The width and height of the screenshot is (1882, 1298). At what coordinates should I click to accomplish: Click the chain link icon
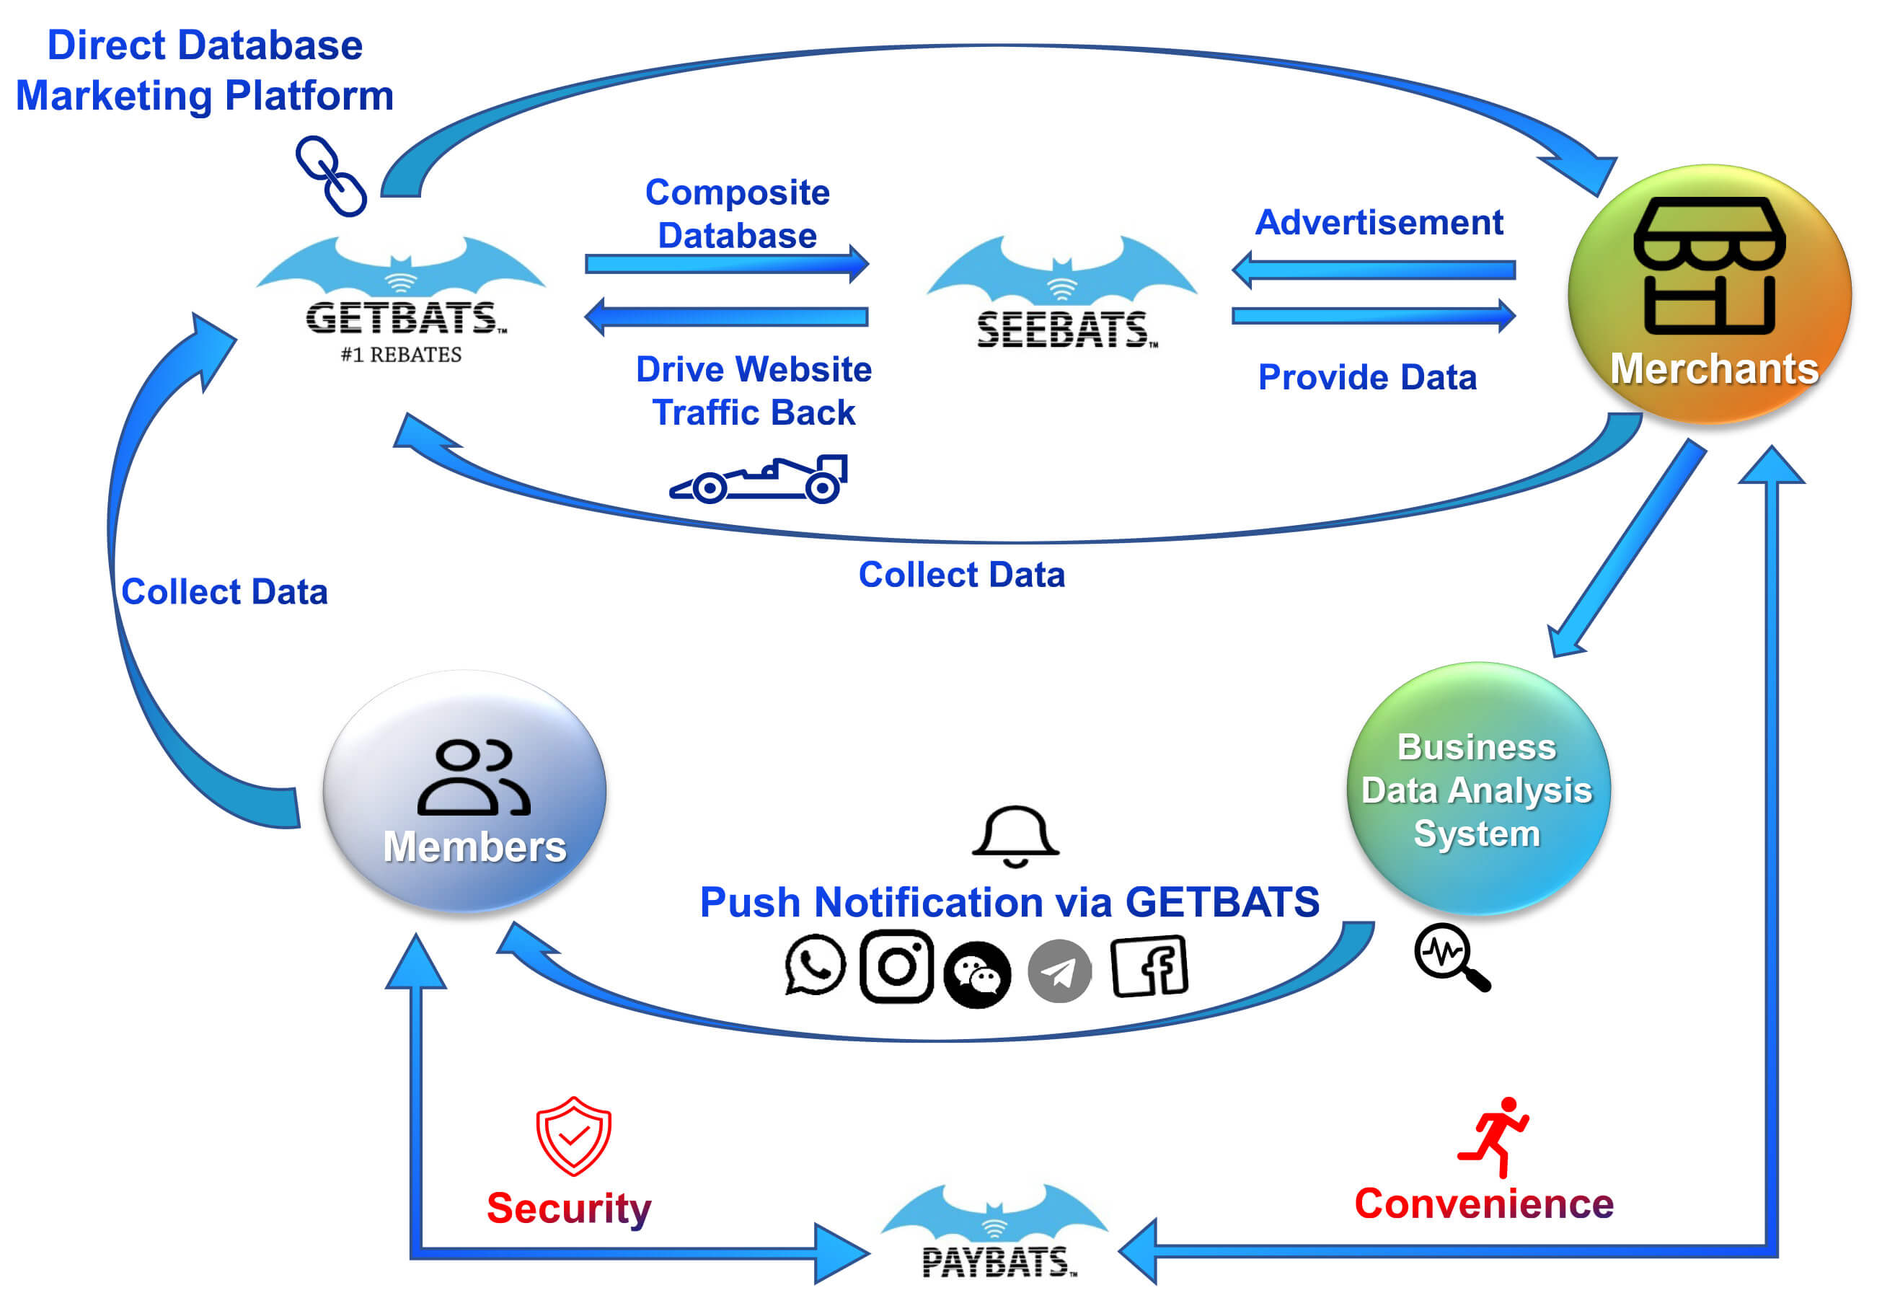[331, 176]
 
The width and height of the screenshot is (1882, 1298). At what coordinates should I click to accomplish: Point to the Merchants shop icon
[1710, 265]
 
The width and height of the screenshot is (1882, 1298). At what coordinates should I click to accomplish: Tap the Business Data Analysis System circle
[1477, 789]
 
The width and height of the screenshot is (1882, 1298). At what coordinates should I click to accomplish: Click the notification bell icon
[1015, 836]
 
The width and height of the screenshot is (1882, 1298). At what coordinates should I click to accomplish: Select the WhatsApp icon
[815, 965]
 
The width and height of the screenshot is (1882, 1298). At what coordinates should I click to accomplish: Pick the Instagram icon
[896, 966]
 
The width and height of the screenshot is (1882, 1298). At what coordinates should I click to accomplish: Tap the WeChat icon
[977, 974]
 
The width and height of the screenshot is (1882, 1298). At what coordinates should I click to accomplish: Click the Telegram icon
[1059, 971]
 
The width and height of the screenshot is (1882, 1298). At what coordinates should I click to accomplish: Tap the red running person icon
[1495, 1137]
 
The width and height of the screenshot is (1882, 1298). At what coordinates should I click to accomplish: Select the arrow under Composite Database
[726, 263]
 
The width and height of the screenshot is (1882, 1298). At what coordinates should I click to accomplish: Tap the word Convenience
[1483, 1204]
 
